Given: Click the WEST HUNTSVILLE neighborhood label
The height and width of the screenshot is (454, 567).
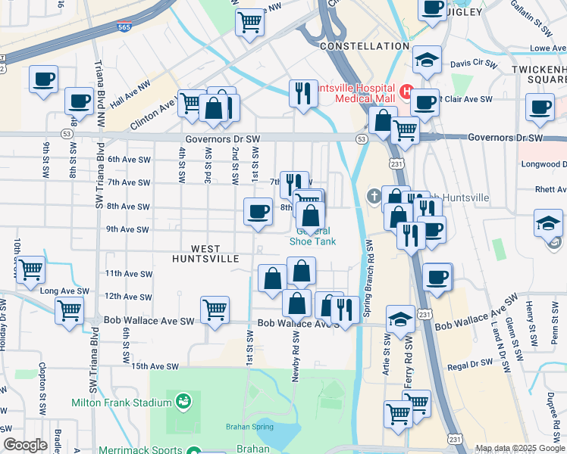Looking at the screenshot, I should (x=216, y=253).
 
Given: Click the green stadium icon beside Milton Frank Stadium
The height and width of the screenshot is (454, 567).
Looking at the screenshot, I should (x=183, y=400).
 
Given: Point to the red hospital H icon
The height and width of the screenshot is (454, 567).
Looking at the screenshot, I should (x=406, y=92).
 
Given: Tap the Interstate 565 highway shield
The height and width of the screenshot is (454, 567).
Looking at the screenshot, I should (x=124, y=28).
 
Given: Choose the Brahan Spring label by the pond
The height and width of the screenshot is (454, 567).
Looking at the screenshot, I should (x=243, y=427).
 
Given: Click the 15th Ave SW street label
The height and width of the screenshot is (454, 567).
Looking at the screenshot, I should (x=154, y=366).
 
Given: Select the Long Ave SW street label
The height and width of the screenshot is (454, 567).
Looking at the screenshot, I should (x=58, y=291).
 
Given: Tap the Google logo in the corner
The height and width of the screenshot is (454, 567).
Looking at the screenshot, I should (x=25, y=446).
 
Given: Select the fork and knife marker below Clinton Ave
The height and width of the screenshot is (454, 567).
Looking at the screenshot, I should (x=303, y=93).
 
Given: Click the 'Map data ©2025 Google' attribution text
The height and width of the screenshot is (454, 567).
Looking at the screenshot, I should (x=520, y=448).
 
